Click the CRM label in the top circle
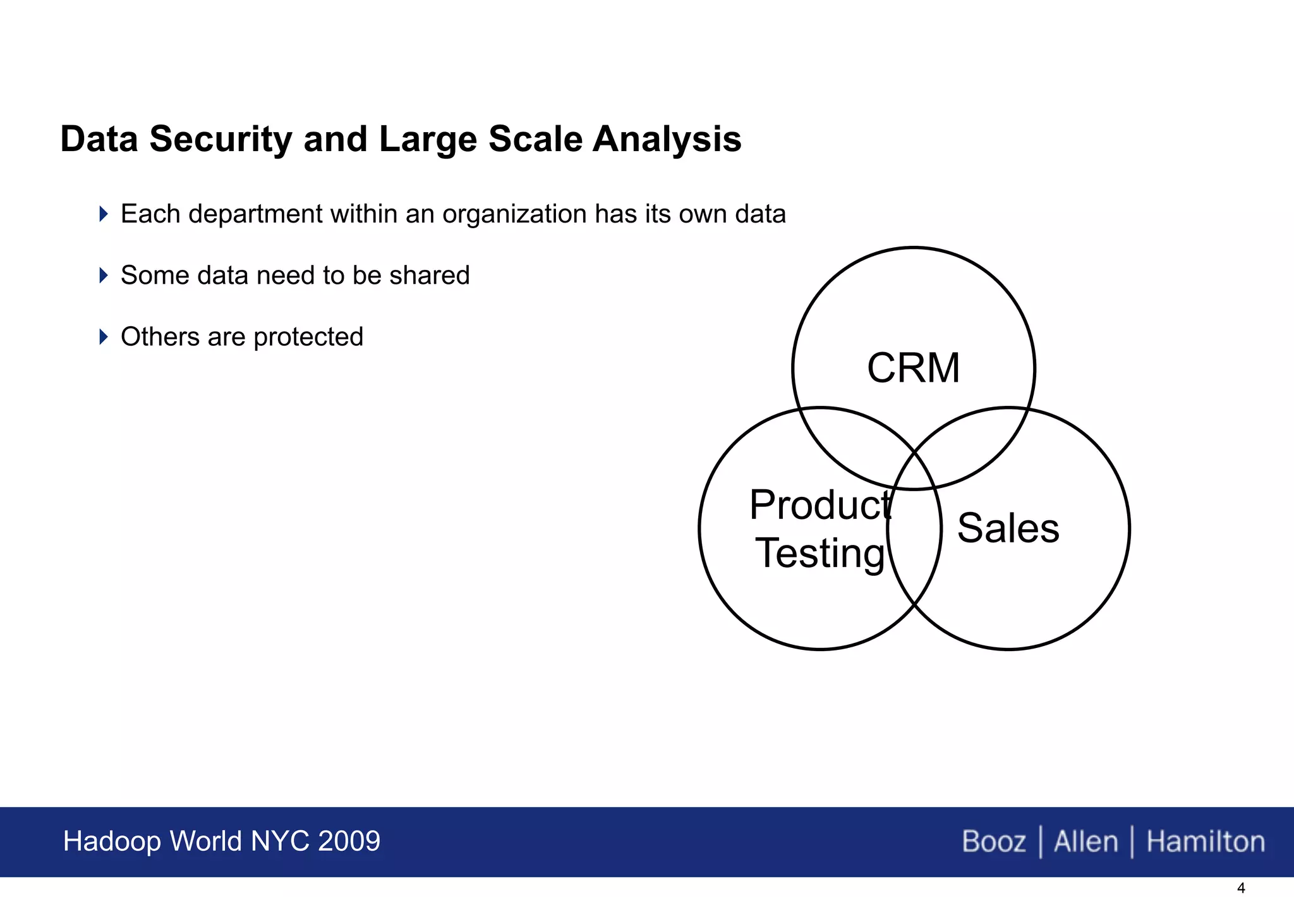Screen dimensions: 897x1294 click(913, 368)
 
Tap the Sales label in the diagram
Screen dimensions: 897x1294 click(1008, 528)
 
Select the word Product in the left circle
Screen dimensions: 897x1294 click(820, 505)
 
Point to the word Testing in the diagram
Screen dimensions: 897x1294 click(820, 553)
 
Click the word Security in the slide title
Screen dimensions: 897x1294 click(221, 139)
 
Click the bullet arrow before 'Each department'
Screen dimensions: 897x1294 click(104, 214)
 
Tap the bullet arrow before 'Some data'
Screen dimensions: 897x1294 click(104, 275)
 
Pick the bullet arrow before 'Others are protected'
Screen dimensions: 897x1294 click(104, 336)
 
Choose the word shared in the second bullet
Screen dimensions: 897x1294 click(429, 276)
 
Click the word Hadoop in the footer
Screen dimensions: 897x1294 click(112, 841)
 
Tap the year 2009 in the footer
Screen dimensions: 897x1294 click(349, 841)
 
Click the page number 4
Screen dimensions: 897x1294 click(1240, 888)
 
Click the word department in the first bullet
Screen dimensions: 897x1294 click(255, 214)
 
